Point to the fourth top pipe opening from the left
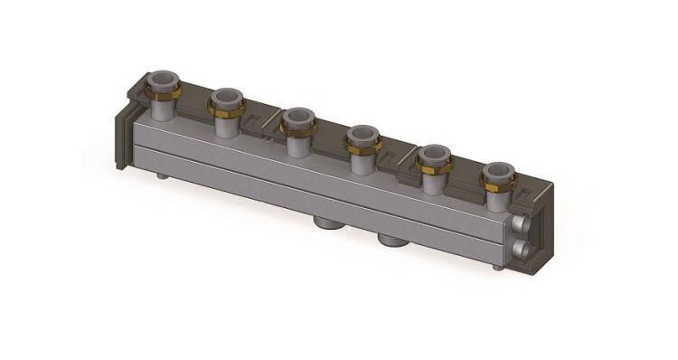(363, 135)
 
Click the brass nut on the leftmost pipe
(166, 92)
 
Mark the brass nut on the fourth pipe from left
(363, 147)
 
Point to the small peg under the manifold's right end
(495, 269)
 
